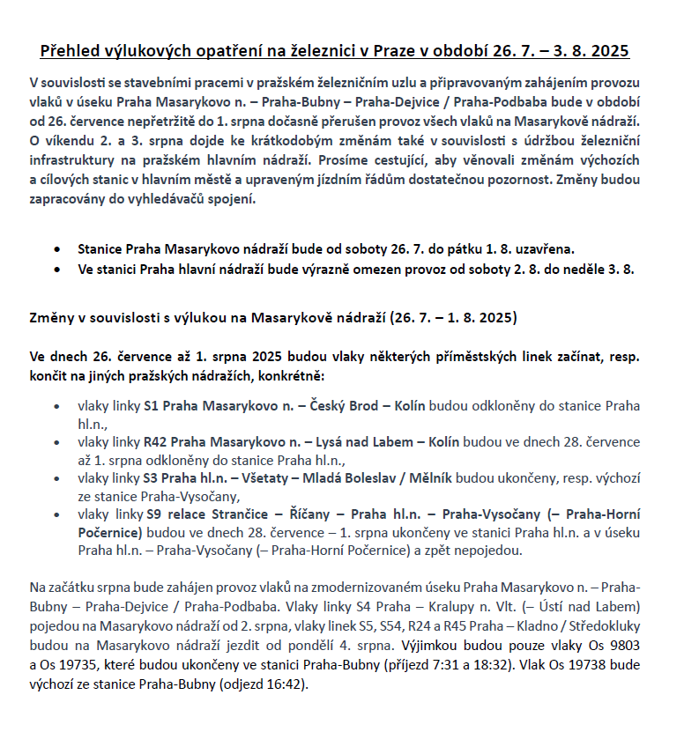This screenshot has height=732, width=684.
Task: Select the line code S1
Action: [x=151, y=406]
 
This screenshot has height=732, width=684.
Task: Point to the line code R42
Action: [x=155, y=440]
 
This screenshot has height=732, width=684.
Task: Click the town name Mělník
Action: [x=427, y=478]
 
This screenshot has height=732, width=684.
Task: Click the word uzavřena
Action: [x=546, y=249]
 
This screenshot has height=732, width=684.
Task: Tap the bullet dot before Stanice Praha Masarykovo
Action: [x=58, y=250]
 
